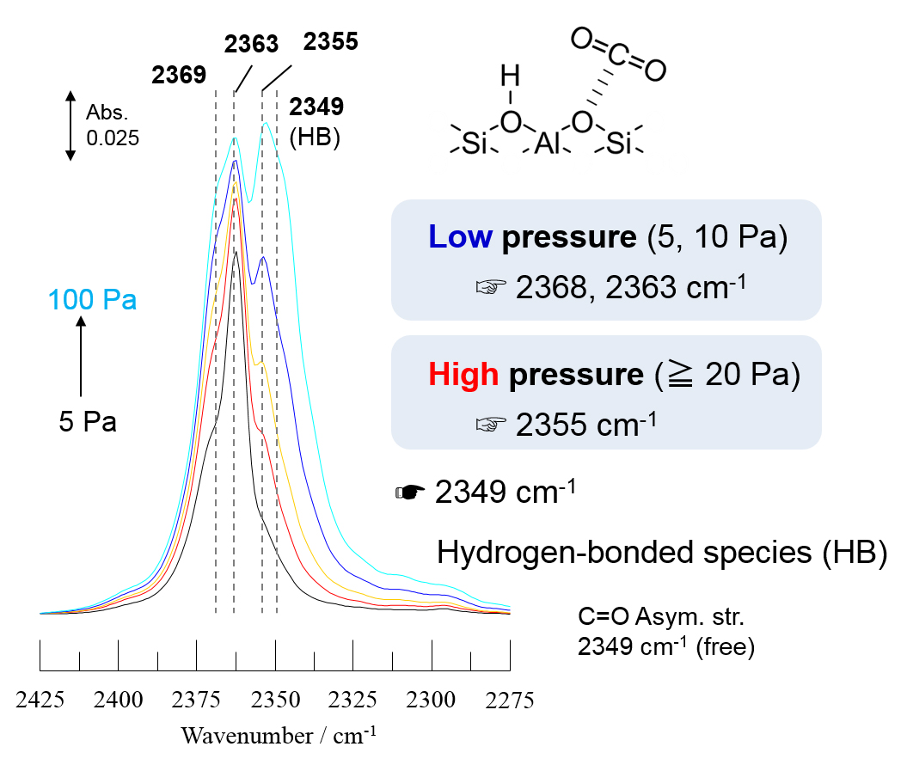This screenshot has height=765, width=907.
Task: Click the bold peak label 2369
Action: click(179, 75)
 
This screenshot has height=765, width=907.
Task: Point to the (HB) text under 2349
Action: click(316, 138)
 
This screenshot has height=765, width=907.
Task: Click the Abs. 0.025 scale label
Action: click(113, 125)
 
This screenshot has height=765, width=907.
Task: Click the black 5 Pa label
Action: click(88, 422)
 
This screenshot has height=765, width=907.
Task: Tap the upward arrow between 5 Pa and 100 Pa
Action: click(81, 357)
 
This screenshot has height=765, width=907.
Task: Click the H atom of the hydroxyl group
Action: click(511, 79)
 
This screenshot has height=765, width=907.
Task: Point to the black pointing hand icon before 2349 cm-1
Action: click(410, 493)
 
